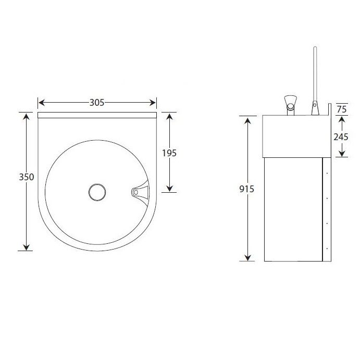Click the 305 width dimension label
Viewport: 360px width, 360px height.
[97, 103]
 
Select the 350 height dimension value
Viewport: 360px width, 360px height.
[27, 177]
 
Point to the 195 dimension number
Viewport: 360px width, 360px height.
[169, 153]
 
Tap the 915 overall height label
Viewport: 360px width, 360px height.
[246, 189]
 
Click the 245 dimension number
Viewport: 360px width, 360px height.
[341, 136]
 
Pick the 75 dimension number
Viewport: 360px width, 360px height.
[342, 109]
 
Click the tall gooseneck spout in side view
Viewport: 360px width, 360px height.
[314, 78]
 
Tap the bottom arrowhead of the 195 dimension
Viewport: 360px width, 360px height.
[169, 189]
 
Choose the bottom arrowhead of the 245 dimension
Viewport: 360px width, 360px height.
[341, 154]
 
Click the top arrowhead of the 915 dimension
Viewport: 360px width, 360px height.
[247, 119]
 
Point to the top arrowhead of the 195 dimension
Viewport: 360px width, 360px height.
[169, 115]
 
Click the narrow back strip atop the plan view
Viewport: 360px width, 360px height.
[97, 115]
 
